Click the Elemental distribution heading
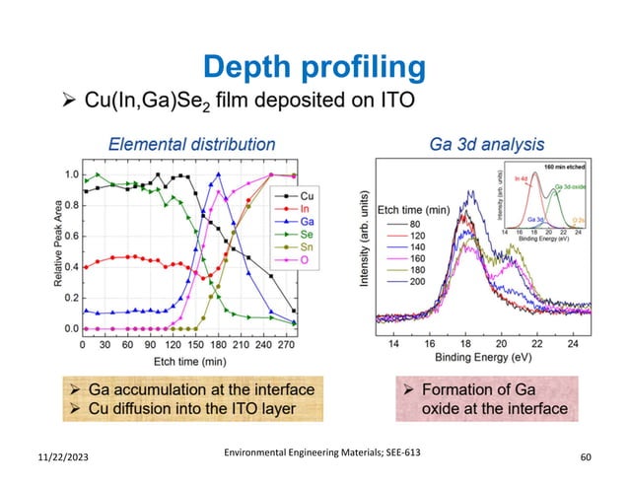click(x=191, y=143)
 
